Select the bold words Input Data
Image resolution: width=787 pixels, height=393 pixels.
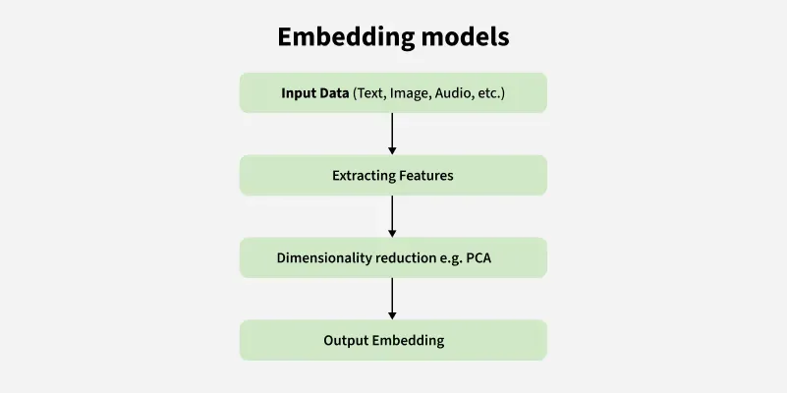pos(314,94)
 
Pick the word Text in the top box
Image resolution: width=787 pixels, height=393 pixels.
pos(370,94)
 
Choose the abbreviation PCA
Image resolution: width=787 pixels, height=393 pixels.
pos(492,258)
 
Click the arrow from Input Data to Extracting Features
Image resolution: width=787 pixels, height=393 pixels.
pos(393,133)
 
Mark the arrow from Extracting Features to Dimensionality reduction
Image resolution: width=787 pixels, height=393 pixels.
pos(393,215)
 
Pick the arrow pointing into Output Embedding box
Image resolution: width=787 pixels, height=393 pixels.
pos(393,298)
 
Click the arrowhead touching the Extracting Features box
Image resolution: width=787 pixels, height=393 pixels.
pos(393,150)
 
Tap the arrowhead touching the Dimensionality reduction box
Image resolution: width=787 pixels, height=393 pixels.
pos(393,233)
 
